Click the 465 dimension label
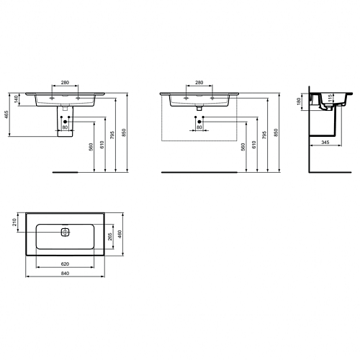(6, 115)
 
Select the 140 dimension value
(16, 99)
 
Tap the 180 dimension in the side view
(299, 102)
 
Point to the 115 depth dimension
(330, 98)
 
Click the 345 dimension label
(325, 143)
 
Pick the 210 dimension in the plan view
(14, 222)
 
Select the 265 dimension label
(110, 237)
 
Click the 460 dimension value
(120, 234)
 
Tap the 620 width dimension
(65, 264)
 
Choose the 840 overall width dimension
(65, 274)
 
